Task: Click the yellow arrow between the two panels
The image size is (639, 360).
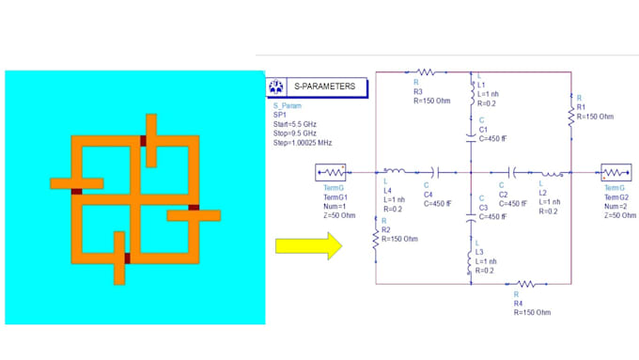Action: pyautogui.click(x=304, y=246)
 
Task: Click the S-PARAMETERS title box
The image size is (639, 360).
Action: pyautogui.click(x=325, y=87)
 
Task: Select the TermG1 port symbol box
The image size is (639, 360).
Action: pyautogui.click(x=333, y=173)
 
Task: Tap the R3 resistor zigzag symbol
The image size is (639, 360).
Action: pyautogui.click(x=425, y=71)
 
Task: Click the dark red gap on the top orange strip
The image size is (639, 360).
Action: pyautogui.click(x=144, y=141)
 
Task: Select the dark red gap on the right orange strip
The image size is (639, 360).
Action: pyautogui.click(x=193, y=208)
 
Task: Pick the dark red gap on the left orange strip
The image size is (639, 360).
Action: pyautogui.click(x=76, y=191)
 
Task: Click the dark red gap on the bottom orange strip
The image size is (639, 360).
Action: pyautogui.click(x=126, y=257)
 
